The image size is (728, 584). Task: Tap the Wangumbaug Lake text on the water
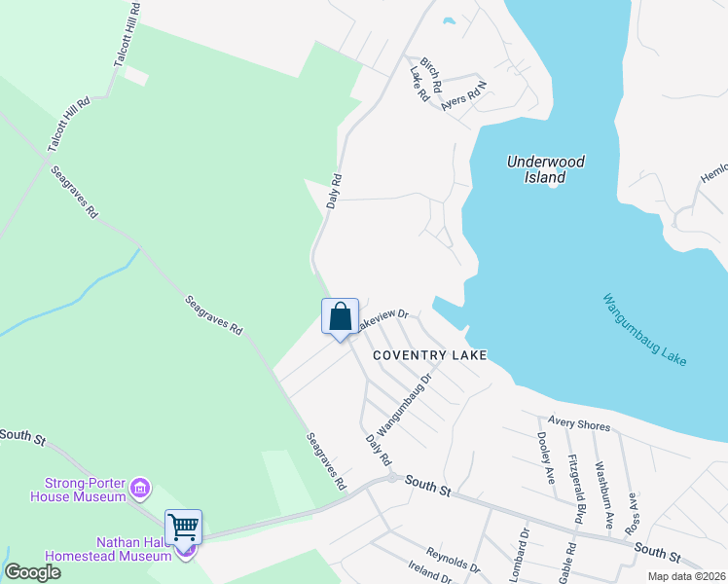point(644,330)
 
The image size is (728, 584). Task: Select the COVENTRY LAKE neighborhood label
point(427,355)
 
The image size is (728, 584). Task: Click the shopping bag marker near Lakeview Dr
point(340,317)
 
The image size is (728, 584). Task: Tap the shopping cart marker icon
point(183,528)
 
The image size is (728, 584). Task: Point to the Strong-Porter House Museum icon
point(140,486)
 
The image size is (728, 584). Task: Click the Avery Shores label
point(578,424)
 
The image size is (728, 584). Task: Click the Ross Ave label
point(633,511)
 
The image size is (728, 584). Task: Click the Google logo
point(32,571)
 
